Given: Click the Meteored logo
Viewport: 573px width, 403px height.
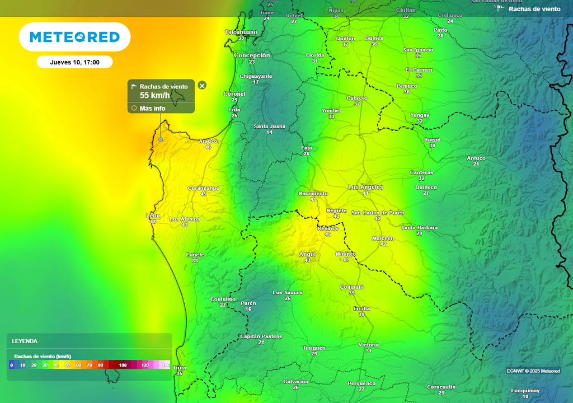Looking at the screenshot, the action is point(74,37).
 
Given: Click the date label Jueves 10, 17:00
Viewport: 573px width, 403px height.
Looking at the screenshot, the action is point(74,62).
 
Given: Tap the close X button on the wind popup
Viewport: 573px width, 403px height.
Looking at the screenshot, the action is point(202,85).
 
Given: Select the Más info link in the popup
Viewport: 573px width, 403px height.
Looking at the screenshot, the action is point(152,108).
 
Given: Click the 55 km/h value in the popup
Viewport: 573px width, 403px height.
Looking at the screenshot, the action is point(154,95).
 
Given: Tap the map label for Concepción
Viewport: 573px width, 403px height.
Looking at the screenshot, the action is point(252,55).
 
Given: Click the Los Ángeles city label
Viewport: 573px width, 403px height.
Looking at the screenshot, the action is point(365,187).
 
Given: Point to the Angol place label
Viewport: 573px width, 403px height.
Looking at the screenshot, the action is point(307,254).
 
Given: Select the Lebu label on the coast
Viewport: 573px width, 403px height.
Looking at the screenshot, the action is point(153,215).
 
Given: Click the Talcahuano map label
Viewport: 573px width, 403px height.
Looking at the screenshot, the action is point(241,32).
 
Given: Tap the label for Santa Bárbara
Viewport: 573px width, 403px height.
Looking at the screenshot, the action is point(419,227).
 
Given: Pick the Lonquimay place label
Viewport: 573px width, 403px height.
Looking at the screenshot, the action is point(525,391).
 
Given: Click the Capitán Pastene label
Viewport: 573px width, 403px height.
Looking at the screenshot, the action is point(261,336).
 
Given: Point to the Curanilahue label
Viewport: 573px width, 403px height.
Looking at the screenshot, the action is point(204,188).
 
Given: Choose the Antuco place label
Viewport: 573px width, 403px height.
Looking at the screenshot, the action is point(476,158).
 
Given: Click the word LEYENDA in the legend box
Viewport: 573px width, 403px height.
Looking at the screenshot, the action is point(25,341).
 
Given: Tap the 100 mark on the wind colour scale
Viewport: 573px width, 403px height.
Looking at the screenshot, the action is point(123,365).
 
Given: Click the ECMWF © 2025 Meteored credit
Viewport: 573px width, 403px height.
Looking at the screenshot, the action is point(533,371).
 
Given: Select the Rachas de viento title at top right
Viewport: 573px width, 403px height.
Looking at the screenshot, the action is point(534,9).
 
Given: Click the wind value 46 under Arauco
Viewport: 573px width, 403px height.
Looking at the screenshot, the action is point(208,147).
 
